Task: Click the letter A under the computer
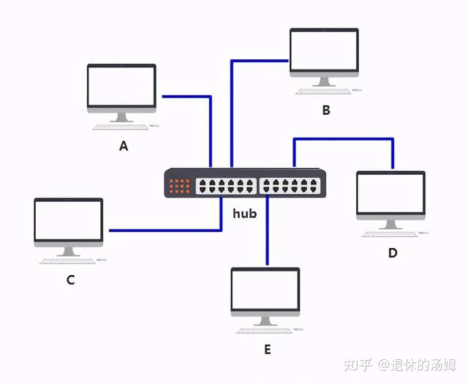[124, 146]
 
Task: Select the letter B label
[326, 110]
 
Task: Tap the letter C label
[71, 279]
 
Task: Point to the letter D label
[393, 253]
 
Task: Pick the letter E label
[268, 350]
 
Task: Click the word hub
[244, 214]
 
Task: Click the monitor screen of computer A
[121, 86]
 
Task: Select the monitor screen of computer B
[324, 50]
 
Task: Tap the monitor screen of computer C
[69, 219]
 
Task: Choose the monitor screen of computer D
[390, 193]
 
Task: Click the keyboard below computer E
[264, 331]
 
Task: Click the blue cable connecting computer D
[344, 138]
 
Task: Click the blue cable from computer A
[187, 96]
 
